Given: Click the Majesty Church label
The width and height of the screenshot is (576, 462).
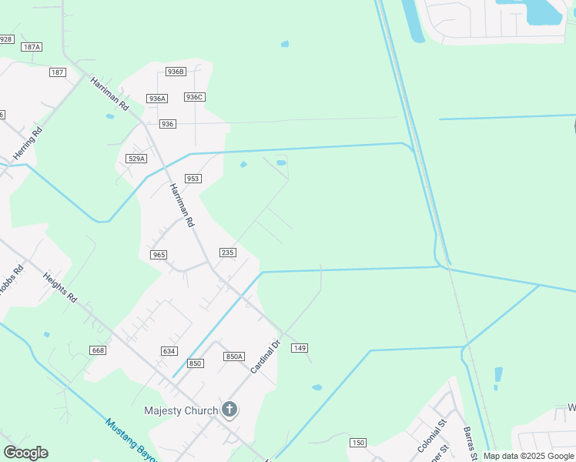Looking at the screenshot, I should click(x=181, y=410).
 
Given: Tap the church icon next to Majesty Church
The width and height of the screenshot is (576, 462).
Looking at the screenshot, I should click(x=229, y=410).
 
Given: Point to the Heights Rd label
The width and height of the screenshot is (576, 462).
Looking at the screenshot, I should click(x=60, y=287).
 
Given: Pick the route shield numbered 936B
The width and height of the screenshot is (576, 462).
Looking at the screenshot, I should click(x=176, y=72).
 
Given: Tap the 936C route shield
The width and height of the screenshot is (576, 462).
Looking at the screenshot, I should click(x=194, y=97).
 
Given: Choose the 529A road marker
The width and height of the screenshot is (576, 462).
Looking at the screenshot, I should click(x=136, y=159).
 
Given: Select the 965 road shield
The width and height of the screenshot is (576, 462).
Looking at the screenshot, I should click(x=159, y=255).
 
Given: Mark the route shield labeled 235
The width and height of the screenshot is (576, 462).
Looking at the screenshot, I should click(x=227, y=253).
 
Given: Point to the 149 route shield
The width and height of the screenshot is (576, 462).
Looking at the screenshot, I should click(x=300, y=349).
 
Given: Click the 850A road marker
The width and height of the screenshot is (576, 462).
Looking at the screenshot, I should click(x=234, y=357).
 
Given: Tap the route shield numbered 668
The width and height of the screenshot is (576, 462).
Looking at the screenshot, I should click(x=97, y=351).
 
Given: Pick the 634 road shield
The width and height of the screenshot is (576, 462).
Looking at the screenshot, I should click(x=169, y=351).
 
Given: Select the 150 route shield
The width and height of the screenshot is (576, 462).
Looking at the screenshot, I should click(x=357, y=442).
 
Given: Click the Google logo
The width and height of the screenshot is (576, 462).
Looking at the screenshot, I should click(x=25, y=453).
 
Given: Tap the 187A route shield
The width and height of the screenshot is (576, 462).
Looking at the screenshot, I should click(x=32, y=47).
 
